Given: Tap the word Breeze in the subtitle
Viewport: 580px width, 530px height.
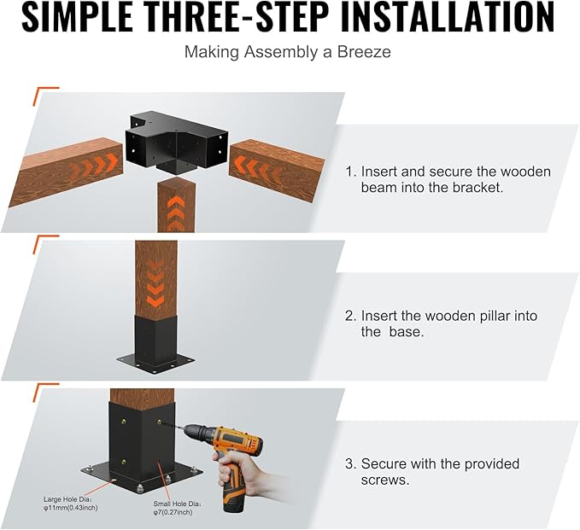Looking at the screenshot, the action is [x=364, y=52].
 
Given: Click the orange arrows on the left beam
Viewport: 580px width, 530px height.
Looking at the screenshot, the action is [x=95, y=163].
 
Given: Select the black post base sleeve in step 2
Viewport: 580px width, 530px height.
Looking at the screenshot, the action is [x=155, y=345].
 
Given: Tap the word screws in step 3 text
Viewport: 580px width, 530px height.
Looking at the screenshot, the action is [x=385, y=480].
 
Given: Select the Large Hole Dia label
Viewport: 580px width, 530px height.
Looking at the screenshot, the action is [x=67, y=499].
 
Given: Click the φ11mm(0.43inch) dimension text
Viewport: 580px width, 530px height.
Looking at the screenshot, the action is [x=71, y=508].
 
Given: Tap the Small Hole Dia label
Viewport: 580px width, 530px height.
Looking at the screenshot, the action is [x=178, y=504].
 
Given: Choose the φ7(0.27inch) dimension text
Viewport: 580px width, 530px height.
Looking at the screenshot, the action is [x=173, y=512].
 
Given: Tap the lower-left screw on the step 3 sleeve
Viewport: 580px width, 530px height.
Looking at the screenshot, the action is [x=124, y=462].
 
